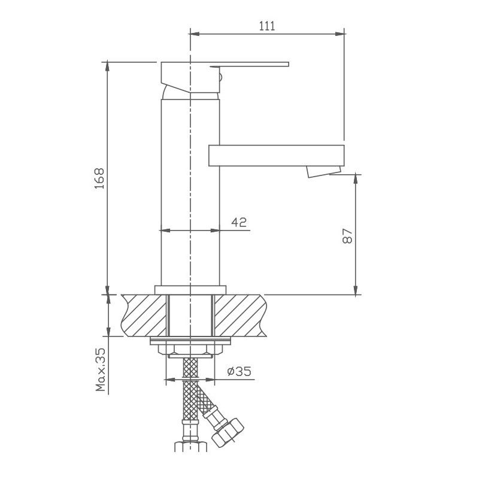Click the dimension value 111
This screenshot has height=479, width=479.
point(266,25)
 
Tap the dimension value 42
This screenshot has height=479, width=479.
point(239,223)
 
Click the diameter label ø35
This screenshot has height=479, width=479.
point(239,372)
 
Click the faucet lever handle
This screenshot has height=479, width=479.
point(251,65)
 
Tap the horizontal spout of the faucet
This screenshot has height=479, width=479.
point(275,155)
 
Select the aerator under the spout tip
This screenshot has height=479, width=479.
point(317,172)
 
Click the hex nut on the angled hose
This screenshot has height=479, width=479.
point(229,431)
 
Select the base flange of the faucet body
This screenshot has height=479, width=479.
point(190,290)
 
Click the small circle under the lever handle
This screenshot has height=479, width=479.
point(220,75)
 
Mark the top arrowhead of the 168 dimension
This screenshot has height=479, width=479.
point(108,65)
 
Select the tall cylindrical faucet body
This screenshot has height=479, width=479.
point(190,192)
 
